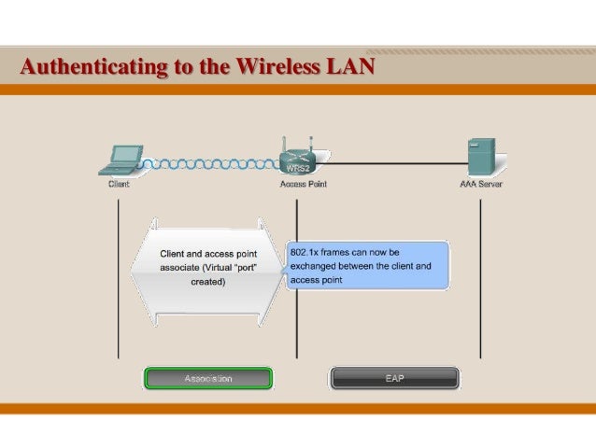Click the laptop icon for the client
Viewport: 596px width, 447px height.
click(x=121, y=160)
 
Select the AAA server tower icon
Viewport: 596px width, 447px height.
click(x=481, y=158)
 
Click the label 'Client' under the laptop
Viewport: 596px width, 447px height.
click(x=118, y=184)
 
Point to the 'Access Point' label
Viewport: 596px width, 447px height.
click(x=304, y=184)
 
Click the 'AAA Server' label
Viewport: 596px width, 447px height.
click(x=480, y=184)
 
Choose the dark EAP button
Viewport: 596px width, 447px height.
click(x=394, y=378)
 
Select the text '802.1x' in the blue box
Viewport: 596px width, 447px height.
click(x=306, y=252)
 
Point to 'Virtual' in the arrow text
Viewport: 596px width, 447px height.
click(x=223, y=266)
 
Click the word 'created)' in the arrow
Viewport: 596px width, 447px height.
click(x=208, y=280)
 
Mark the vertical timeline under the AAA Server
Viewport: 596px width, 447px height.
click(x=481, y=280)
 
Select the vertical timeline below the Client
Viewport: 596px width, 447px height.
click(x=118, y=280)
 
